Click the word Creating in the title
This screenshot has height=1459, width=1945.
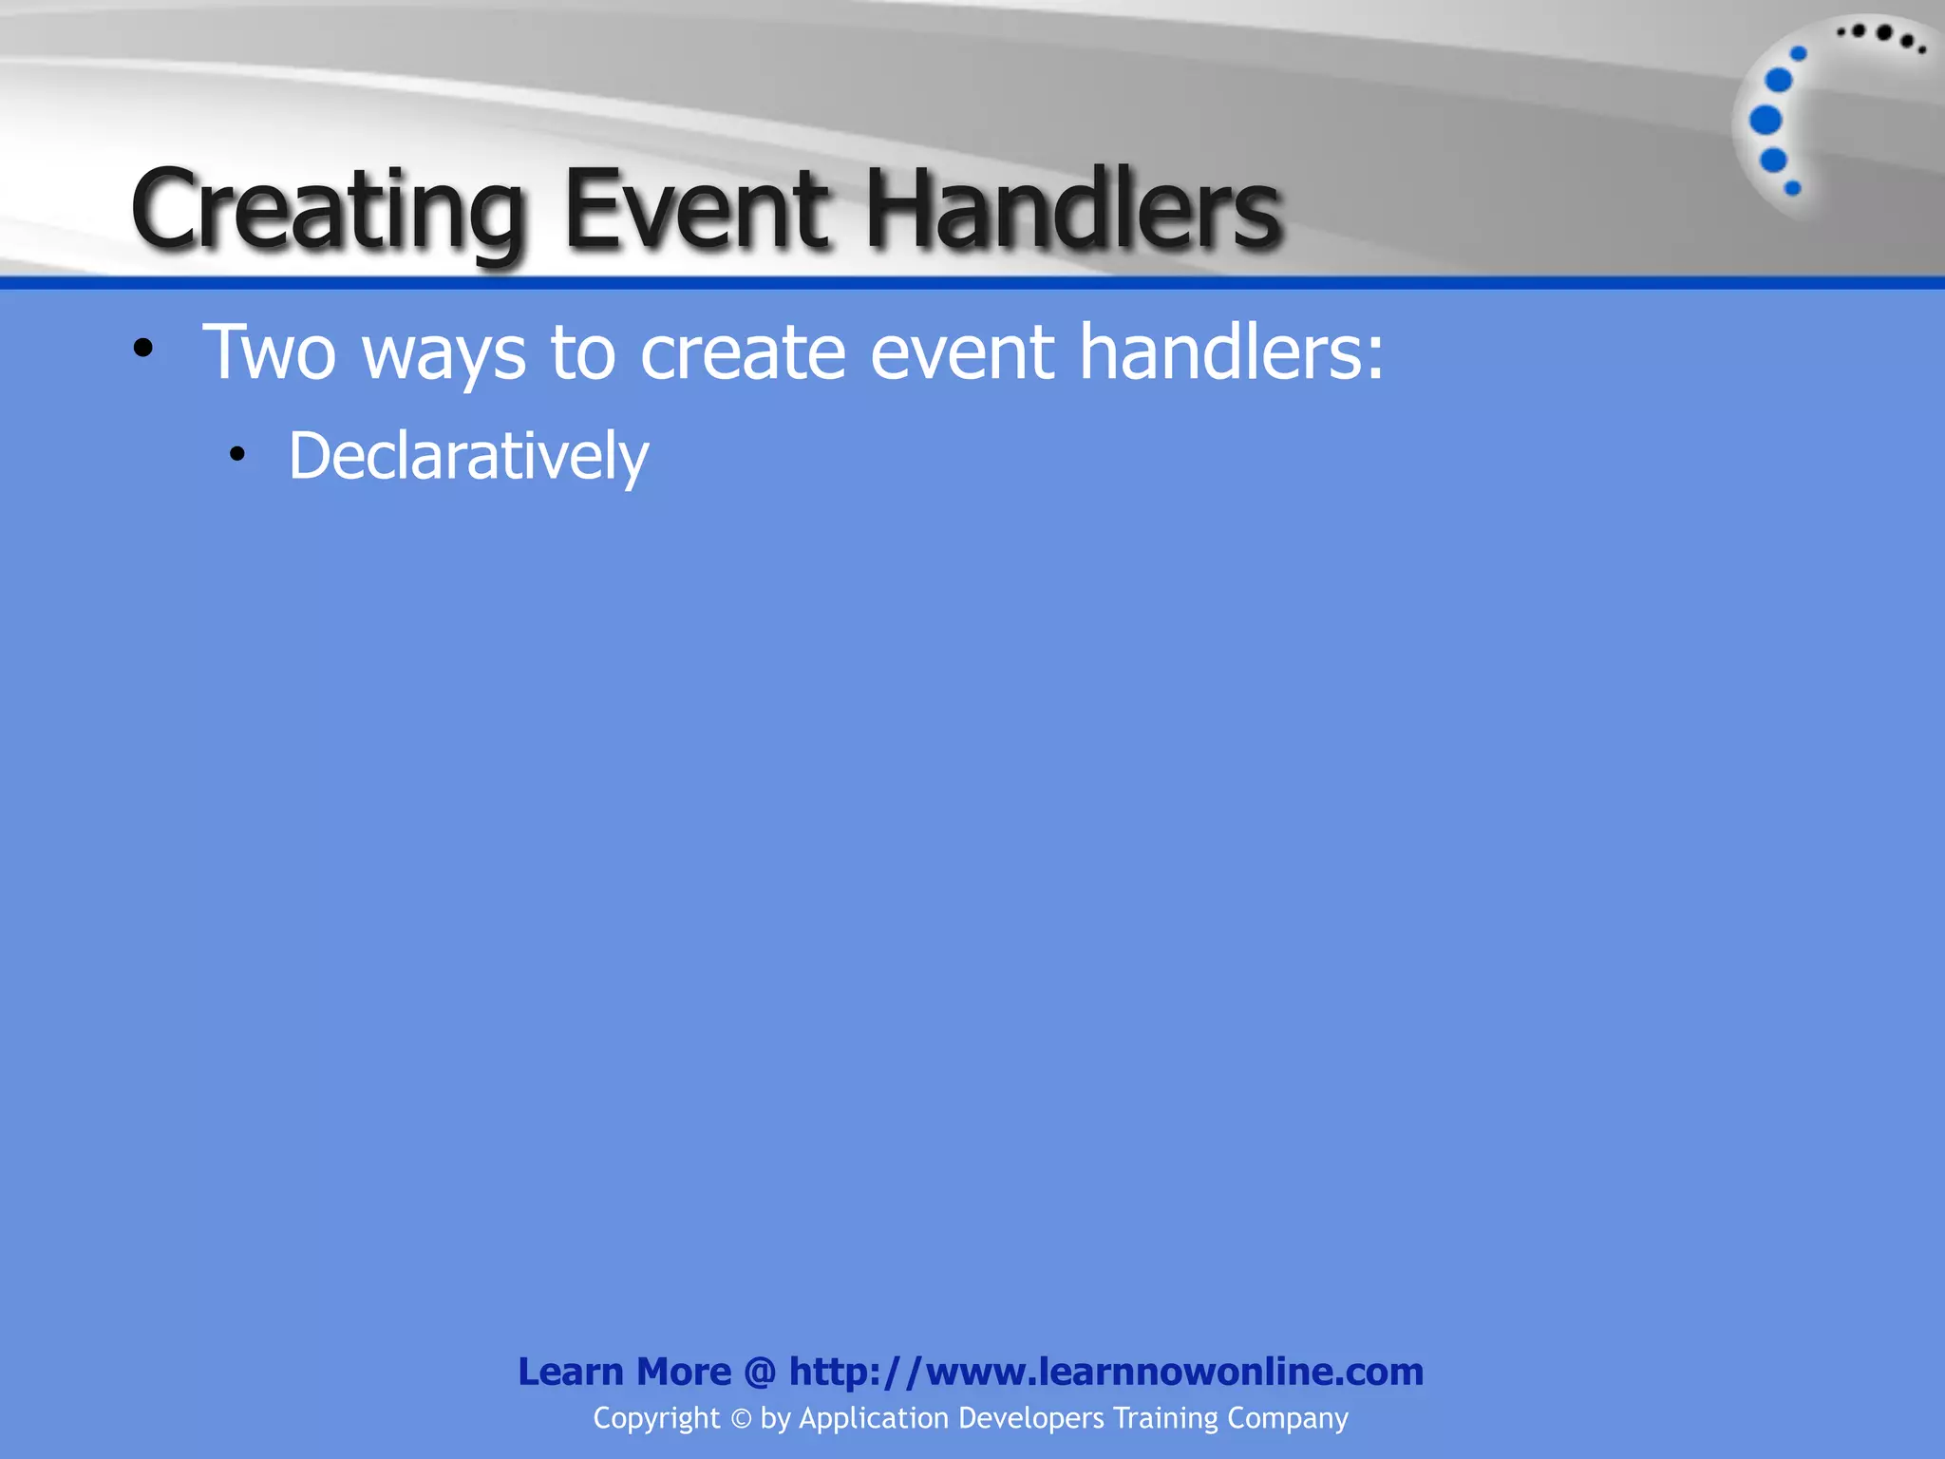pos(329,211)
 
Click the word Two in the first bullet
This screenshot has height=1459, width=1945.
pos(270,352)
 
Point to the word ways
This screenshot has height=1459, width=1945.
pos(444,354)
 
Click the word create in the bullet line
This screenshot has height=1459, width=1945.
pos(743,352)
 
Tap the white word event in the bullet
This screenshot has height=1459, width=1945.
pos(962,352)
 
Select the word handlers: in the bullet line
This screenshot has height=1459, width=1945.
pos(1232,351)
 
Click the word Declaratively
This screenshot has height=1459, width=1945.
pos(468,457)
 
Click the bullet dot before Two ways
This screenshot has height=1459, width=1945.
pos(143,349)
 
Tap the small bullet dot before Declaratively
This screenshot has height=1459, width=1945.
pos(237,455)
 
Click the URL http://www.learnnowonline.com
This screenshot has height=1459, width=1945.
pos(1106,1372)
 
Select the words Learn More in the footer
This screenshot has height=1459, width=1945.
pos(624,1372)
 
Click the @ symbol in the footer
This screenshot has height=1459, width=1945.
pos(760,1372)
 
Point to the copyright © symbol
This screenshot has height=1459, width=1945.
pos(741,1419)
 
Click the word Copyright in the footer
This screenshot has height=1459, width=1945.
pos(656,1418)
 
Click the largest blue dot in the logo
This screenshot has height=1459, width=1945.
pos(1766,121)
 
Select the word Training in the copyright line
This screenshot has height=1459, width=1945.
pos(1165,1418)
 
